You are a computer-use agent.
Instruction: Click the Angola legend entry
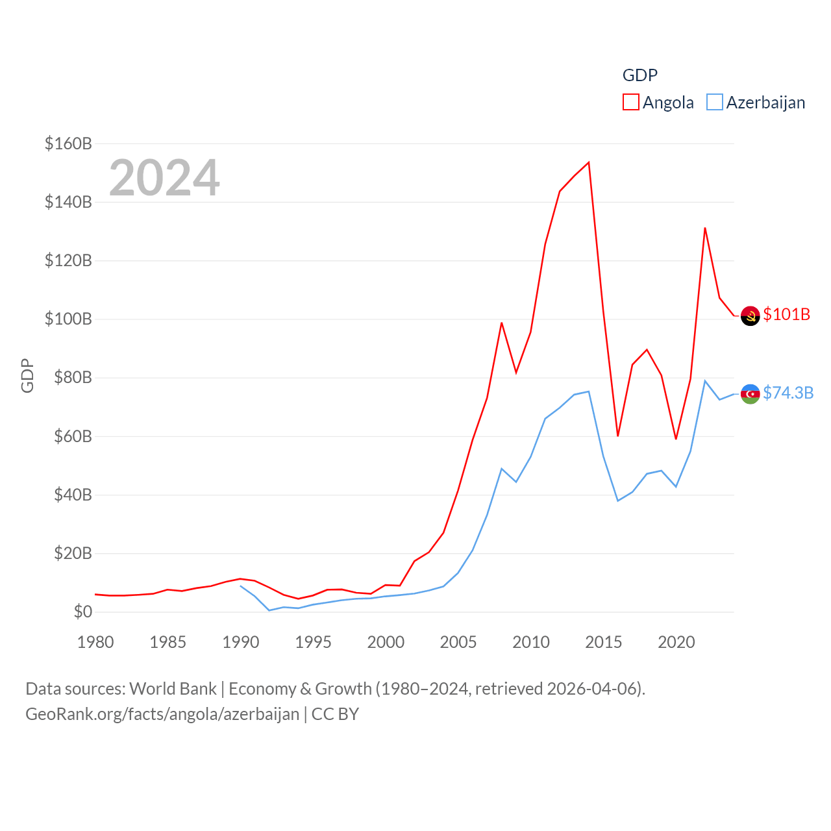click(658, 103)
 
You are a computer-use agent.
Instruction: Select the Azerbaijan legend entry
click(756, 103)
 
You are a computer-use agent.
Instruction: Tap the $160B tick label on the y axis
click(68, 143)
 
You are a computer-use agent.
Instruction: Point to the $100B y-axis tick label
click(68, 319)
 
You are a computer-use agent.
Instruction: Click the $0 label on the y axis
click(82, 612)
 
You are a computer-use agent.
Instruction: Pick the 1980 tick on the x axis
click(95, 642)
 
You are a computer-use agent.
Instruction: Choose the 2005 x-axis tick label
click(458, 642)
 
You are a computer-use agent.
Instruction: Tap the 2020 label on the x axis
click(676, 642)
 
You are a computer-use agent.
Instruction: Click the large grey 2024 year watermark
click(164, 178)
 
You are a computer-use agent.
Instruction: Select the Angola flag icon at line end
click(750, 316)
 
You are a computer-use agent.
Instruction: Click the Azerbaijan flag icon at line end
click(750, 393)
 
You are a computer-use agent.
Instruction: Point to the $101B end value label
click(787, 314)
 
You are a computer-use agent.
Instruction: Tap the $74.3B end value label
click(788, 393)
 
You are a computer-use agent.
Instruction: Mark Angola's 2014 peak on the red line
click(589, 162)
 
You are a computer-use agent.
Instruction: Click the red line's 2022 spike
click(704, 228)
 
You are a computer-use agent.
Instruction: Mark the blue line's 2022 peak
click(704, 380)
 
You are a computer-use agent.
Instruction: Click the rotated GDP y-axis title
click(27, 375)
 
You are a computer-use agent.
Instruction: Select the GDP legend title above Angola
click(640, 75)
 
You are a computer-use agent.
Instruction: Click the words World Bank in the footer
click(173, 688)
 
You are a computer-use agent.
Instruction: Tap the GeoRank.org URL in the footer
click(162, 714)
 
